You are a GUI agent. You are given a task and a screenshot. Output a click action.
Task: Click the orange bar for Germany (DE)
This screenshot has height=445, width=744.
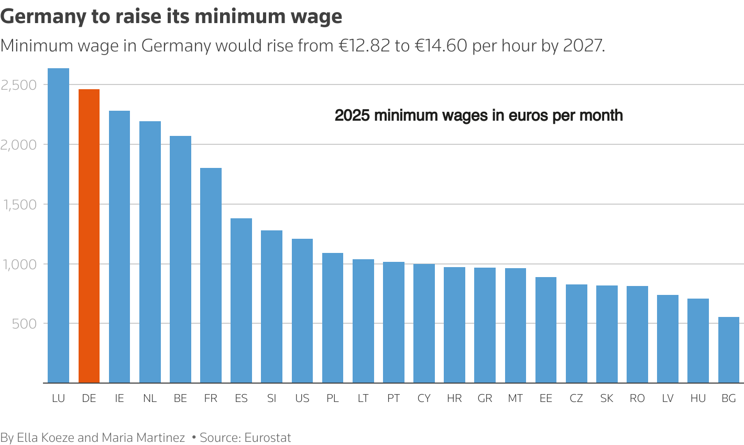pyautogui.click(x=89, y=236)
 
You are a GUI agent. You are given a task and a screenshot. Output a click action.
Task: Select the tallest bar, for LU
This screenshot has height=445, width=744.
pyautogui.click(x=58, y=226)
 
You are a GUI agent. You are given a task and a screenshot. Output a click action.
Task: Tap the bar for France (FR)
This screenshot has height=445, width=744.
pyautogui.click(x=211, y=276)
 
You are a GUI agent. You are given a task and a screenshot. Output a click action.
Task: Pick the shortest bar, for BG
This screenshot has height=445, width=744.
pyautogui.click(x=728, y=350)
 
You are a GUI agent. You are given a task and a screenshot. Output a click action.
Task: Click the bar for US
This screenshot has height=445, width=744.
pyautogui.click(x=302, y=311)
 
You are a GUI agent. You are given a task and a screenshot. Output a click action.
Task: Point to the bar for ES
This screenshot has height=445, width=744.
pyautogui.click(x=241, y=301)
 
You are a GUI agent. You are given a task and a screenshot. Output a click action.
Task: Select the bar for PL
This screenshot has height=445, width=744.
pyautogui.click(x=333, y=318)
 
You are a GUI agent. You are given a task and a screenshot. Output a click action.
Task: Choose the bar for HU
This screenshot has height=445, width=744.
pyautogui.click(x=698, y=341)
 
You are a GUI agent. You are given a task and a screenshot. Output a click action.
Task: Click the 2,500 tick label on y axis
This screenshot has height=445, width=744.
pyautogui.click(x=19, y=85)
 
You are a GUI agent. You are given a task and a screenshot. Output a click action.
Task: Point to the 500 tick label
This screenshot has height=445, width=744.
pyautogui.click(x=25, y=324)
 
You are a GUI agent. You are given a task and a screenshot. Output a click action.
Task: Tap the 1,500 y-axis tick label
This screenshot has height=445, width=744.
pyautogui.click(x=19, y=205)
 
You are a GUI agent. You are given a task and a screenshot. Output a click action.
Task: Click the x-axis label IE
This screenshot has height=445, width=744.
pyautogui.click(x=119, y=399)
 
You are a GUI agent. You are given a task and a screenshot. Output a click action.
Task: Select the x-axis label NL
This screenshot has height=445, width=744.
pyautogui.click(x=150, y=399)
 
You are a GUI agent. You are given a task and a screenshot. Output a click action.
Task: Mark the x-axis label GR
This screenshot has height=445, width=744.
pyautogui.click(x=485, y=399)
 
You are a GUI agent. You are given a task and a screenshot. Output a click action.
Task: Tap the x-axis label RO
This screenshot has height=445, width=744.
pyautogui.click(x=637, y=399)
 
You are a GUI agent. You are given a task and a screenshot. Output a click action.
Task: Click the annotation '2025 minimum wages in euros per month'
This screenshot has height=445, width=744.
pyautogui.click(x=478, y=115)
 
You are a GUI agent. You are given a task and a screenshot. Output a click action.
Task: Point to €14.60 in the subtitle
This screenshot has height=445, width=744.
pyautogui.click(x=441, y=46)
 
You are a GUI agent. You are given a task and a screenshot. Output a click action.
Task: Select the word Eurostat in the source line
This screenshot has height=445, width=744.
pyautogui.click(x=268, y=438)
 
